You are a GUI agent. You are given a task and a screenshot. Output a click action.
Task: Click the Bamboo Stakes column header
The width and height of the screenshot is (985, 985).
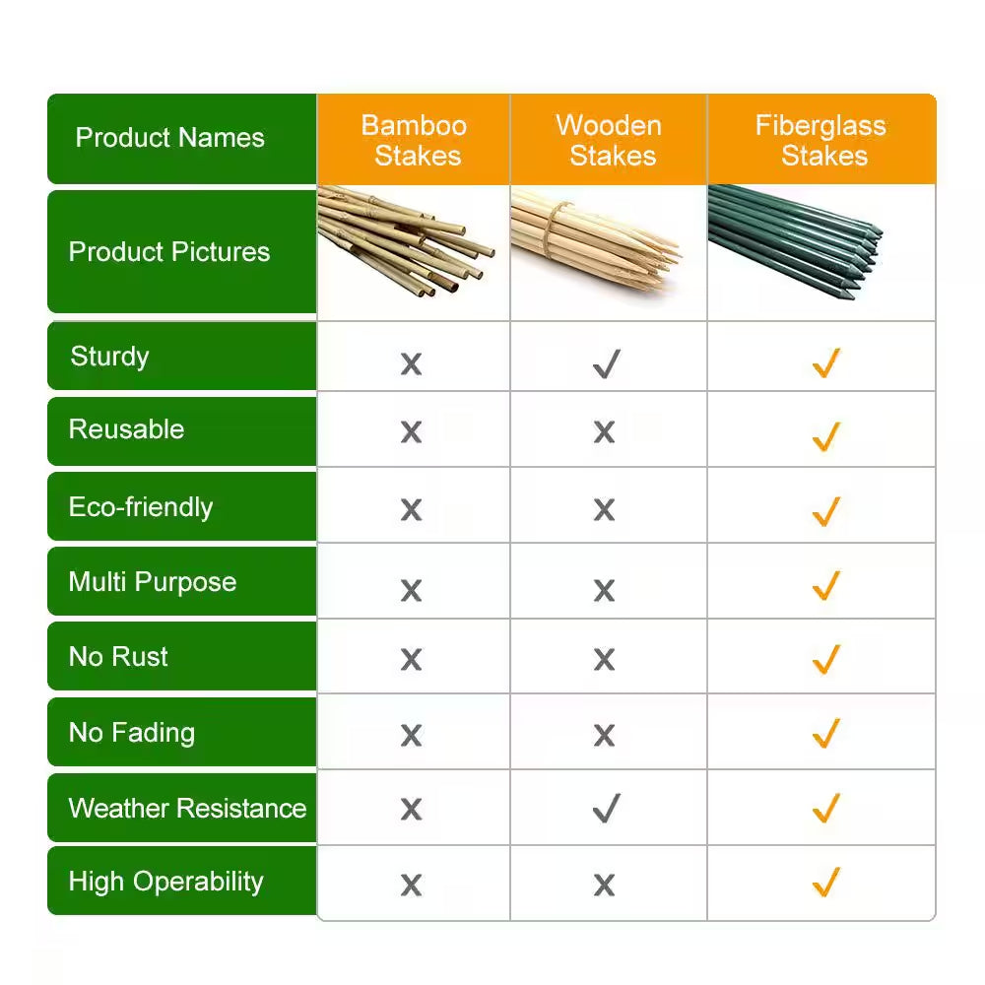tap(414, 140)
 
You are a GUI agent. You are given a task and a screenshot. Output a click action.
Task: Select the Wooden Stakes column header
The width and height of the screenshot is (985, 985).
tap(609, 140)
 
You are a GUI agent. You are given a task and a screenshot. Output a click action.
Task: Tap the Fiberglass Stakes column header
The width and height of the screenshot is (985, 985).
tap(821, 140)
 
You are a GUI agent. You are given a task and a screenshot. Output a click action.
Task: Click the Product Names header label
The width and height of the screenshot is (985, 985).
tap(169, 138)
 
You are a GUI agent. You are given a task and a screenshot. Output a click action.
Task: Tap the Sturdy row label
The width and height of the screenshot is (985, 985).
tap(109, 356)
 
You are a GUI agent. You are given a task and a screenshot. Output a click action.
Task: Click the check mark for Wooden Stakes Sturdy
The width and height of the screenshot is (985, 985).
tap(606, 364)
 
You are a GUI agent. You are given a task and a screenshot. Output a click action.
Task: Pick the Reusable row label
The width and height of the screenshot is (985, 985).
tap(126, 429)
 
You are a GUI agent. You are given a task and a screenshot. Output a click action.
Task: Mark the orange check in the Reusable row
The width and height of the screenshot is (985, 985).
tap(825, 435)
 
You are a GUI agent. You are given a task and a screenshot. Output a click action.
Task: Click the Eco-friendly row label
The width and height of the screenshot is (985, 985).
tap(140, 507)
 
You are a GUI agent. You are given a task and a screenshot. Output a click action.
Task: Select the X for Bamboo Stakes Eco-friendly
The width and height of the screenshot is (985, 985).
tap(411, 510)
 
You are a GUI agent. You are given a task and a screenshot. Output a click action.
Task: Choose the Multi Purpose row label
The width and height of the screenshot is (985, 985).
tap(152, 582)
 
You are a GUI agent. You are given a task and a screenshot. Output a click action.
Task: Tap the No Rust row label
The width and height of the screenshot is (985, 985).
tap(118, 657)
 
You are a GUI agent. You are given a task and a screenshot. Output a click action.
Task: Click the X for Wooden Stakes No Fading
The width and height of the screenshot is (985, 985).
tap(605, 735)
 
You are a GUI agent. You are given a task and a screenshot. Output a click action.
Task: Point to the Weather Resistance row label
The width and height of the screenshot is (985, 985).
tap(187, 809)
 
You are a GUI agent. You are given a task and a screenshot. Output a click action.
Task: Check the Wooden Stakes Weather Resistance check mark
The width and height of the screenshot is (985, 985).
tap(606, 810)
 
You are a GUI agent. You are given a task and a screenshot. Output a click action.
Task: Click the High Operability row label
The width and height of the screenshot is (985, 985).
tap(165, 882)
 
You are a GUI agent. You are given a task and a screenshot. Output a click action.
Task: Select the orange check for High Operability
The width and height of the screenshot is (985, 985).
tap(825, 882)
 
